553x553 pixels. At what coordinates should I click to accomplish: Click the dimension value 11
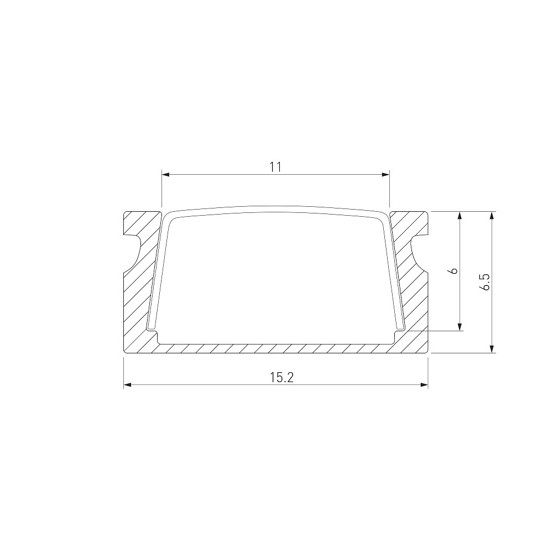tap(275, 167)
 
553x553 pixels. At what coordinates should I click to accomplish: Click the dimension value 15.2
tap(282, 377)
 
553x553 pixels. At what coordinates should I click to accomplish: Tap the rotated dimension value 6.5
tap(485, 282)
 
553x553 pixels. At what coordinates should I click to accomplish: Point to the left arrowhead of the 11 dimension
tap(165, 174)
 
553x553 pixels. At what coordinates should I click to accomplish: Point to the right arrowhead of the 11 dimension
tap(385, 174)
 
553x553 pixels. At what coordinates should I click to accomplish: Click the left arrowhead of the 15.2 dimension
tap(127, 384)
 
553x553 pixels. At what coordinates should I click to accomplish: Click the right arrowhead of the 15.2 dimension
tap(424, 384)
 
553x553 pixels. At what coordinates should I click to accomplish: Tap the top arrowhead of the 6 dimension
tap(460, 216)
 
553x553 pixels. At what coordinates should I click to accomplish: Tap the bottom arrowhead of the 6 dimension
tap(460, 327)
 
